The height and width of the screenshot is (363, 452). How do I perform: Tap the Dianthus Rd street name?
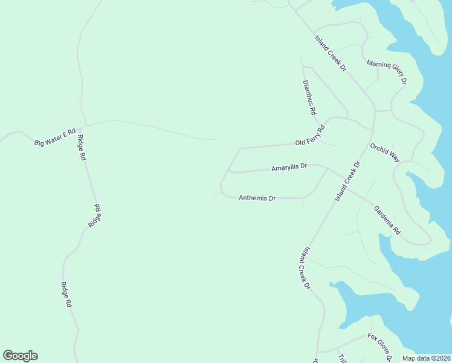click(x=309, y=98)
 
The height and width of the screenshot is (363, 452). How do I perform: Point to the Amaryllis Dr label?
click(x=289, y=168)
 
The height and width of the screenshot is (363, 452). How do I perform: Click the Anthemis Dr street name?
click(x=257, y=198)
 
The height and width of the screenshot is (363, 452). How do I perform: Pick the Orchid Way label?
click(x=385, y=153)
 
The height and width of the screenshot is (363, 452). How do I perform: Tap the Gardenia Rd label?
click(x=387, y=220)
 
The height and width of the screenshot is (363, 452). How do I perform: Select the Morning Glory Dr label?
click(x=387, y=72)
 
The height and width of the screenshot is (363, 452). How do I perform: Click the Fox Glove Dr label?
click(x=380, y=346)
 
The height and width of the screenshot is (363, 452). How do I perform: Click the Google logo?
click(x=20, y=355)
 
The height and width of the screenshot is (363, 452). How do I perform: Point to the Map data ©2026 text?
click(x=426, y=358)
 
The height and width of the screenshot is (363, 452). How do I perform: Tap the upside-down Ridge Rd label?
click(x=95, y=216)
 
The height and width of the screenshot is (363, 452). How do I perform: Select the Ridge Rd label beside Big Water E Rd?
click(x=82, y=148)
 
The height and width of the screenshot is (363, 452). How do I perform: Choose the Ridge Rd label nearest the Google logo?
click(x=66, y=295)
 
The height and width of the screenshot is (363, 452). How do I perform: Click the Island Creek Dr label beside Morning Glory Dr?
click(x=331, y=53)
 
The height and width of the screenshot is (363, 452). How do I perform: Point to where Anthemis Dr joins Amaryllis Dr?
click(x=327, y=169)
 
